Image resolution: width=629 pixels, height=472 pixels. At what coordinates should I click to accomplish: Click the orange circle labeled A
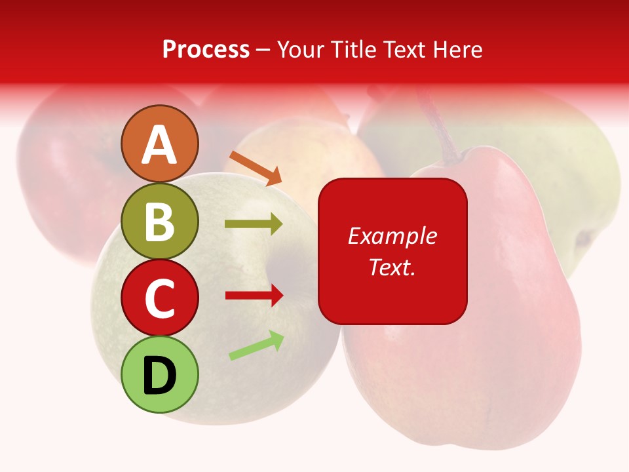[x=160, y=144]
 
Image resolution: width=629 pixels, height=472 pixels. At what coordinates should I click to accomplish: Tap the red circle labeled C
[x=160, y=298]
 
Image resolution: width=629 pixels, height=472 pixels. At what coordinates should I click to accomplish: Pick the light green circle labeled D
[x=160, y=374]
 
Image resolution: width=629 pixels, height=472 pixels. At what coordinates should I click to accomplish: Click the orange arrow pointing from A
[x=256, y=167]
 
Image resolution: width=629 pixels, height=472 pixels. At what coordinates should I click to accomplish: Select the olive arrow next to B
[x=254, y=224]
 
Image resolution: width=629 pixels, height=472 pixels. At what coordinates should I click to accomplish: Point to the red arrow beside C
[x=254, y=296]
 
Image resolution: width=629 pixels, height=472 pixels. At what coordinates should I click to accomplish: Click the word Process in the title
[x=206, y=50]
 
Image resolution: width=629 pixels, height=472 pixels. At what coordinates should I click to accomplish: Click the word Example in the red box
[x=392, y=236]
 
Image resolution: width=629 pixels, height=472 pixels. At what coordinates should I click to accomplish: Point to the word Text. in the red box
[x=392, y=267]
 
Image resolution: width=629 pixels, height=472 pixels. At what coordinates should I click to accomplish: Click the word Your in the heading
[x=301, y=50]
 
